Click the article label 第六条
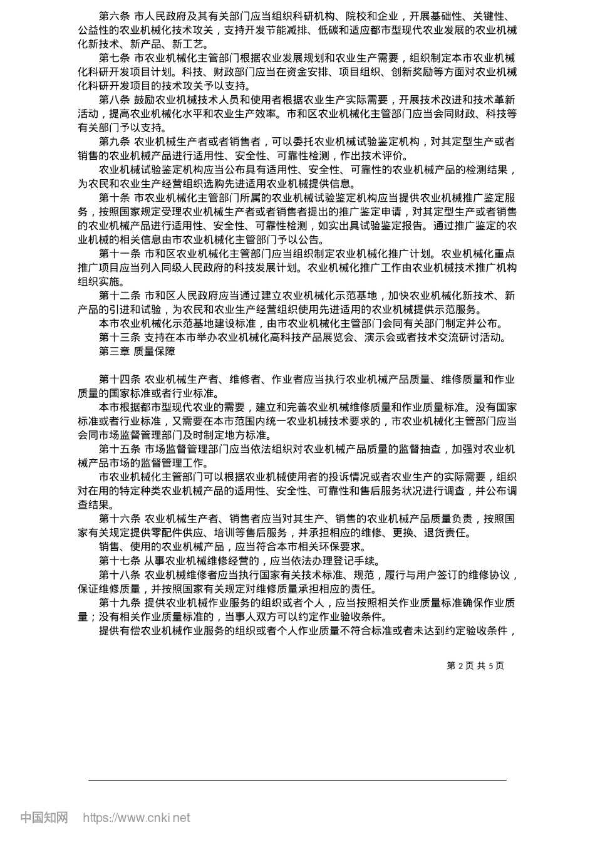pos(114,14)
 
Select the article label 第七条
pos(114,58)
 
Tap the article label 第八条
pos(114,100)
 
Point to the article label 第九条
pos(114,142)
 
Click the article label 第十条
pos(114,197)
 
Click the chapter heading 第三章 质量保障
pos(137,351)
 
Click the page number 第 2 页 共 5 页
pos(475,666)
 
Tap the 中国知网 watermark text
pos(44,818)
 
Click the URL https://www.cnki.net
pos(137,818)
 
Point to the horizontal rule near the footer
pos(297,780)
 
